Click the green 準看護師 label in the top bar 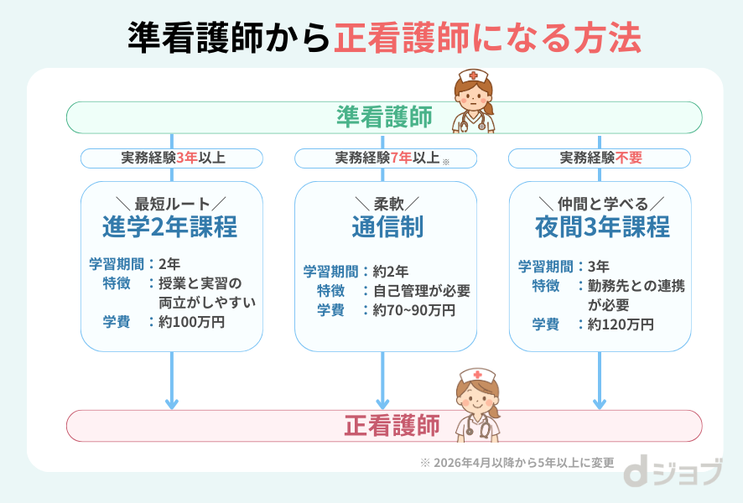pyautogui.click(x=384, y=117)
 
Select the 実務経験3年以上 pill pyautogui.click(x=172, y=158)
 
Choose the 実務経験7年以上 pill pyautogui.click(x=386, y=158)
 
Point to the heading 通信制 pyautogui.click(x=386, y=227)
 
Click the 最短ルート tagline pyautogui.click(x=171, y=203)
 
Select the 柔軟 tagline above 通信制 pyautogui.click(x=386, y=203)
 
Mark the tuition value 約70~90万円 pyautogui.click(x=415, y=310)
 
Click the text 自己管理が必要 pyautogui.click(x=421, y=291)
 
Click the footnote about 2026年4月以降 pyautogui.click(x=517, y=462)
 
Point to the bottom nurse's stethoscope pyautogui.click(x=479, y=427)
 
